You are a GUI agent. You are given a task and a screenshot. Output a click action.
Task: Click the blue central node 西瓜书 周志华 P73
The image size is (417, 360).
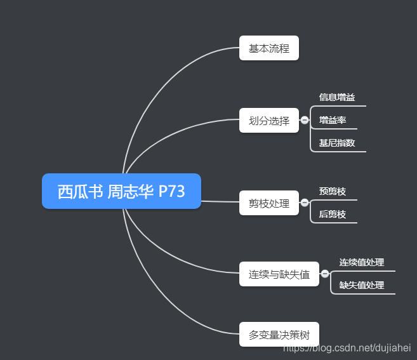click(121, 191)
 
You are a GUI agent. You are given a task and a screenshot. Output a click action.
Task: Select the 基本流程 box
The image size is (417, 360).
click(268, 48)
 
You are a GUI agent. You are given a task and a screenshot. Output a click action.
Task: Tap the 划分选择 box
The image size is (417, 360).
click(268, 121)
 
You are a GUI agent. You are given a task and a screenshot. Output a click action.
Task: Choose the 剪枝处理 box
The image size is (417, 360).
click(268, 203)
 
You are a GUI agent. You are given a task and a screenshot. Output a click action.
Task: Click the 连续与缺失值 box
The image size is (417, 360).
click(279, 274)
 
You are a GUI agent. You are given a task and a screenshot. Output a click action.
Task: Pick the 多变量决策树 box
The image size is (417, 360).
click(279, 335)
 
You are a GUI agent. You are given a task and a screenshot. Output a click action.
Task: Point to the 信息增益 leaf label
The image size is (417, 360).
click(337, 97)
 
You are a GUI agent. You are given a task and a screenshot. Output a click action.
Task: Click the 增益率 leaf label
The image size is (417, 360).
click(333, 120)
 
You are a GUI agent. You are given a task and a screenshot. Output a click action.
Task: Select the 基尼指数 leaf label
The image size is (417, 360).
click(337, 143)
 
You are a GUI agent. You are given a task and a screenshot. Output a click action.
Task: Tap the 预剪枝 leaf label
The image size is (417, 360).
click(333, 191)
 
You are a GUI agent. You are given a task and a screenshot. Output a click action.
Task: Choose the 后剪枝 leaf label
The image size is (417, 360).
click(333, 215)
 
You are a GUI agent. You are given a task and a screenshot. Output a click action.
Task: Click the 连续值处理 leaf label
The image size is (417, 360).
click(361, 262)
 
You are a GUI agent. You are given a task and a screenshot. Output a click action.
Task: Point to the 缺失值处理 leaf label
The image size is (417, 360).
click(361, 285)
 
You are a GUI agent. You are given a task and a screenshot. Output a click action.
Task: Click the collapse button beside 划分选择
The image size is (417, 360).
click(305, 120)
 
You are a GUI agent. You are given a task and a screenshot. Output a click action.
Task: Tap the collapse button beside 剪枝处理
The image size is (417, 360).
click(305, 203)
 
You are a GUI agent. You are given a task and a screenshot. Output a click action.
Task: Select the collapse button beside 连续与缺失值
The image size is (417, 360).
click(325, 274)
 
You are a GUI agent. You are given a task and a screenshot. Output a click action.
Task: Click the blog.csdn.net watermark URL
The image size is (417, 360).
click(347, 348)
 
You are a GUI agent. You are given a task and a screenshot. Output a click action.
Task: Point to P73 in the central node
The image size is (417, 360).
click(171, 191)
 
